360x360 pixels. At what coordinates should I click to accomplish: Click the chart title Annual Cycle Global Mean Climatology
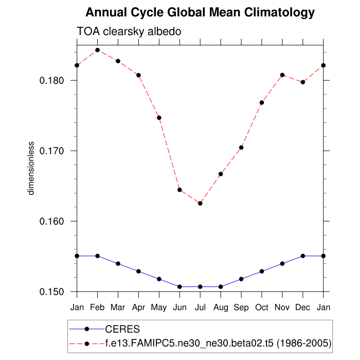[200, 12]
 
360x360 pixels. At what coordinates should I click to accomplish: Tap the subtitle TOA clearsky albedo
[129, 31]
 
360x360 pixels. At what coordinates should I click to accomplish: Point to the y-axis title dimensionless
[31, 168]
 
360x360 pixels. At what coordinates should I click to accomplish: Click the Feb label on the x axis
[97, 308]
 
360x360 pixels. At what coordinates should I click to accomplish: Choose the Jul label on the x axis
[200, 308]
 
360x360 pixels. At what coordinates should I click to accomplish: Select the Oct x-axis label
[262, 308]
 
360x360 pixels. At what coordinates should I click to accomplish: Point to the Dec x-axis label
[303, 308]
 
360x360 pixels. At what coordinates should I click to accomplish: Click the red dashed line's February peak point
[97, 50]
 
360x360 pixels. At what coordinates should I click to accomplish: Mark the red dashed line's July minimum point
[200, 203]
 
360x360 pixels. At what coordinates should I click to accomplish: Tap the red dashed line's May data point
[159, 118]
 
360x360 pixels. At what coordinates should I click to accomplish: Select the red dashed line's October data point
[262, 103]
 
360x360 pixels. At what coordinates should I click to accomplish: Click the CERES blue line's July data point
[200, 286]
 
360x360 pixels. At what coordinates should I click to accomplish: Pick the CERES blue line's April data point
[138, 271]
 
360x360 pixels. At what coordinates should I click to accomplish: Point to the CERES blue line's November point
[282, 263]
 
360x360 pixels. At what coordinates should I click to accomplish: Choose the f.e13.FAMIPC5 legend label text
[218, 343]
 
